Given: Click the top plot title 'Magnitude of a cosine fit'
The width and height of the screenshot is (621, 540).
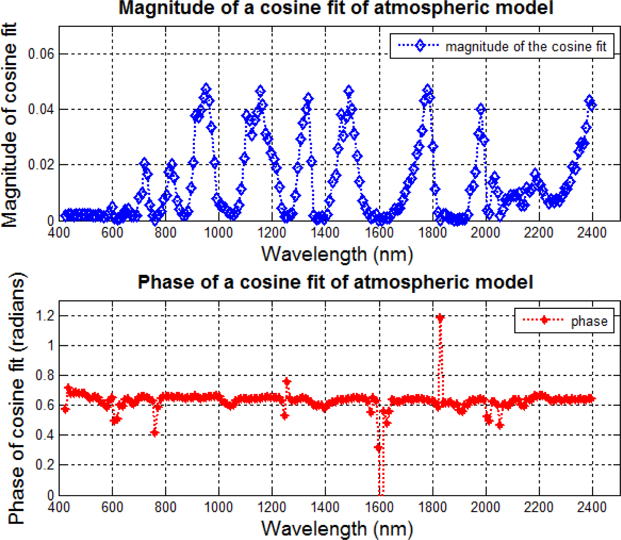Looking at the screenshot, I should [336, 8].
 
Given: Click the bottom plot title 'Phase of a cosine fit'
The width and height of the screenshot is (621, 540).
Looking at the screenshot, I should [335, 282].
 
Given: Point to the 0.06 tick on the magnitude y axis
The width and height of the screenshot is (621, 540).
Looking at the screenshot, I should [41, 54].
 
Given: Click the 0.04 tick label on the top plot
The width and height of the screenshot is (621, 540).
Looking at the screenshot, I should [41, 109].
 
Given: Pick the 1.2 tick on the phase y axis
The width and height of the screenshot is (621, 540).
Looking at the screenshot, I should [44, 316].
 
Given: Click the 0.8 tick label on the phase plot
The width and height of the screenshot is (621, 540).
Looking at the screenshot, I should [44, 376].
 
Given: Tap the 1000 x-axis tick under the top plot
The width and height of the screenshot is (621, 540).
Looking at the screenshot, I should [219, 233].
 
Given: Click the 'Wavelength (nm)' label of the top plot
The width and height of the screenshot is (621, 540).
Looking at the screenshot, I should [337, 254].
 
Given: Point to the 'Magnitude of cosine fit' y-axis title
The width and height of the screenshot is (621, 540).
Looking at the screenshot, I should [10, 125].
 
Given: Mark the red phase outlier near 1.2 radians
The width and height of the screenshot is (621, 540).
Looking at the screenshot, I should [440, 318].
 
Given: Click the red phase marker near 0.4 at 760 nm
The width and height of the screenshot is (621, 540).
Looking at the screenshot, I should [155, 433].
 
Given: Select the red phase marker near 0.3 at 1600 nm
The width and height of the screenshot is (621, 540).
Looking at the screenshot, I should [379, 448].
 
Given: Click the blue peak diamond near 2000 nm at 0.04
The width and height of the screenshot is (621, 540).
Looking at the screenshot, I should [481, 110].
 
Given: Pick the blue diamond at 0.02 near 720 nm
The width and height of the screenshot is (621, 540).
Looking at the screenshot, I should [145, 163].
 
